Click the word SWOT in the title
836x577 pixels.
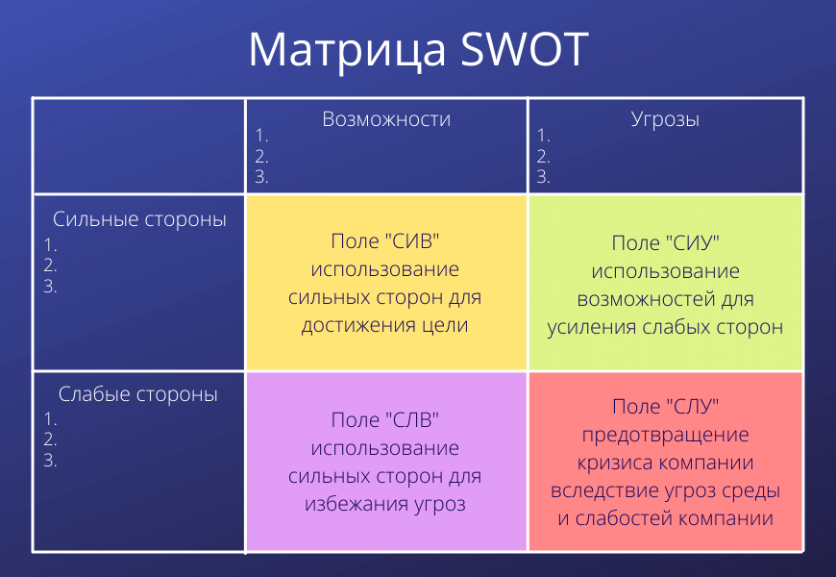[x=525, y=50]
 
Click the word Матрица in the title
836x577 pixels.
[x=347, y=51]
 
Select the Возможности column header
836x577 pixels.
[x=386, y=119]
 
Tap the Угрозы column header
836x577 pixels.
[x=665, y=119]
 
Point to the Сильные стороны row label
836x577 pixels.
[x=139, y=219]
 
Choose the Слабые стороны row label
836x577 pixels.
[x=138, y=394]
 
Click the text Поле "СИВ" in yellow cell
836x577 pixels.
[x=385, y=241]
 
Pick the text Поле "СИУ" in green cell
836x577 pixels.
[x=665, y=243]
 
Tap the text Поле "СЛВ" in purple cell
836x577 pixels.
[x=385, y=420]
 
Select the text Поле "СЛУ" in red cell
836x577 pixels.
[x=665, y=407]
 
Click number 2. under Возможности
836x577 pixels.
[x=261, y=157]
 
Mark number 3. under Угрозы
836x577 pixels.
[x=543, y=177]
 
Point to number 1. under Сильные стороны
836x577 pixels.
[x=50, y=245]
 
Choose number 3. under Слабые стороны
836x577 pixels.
[x=50, y=460]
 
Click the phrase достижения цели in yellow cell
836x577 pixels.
[x=385, y=325]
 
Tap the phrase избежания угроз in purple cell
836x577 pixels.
[x=385, y=504]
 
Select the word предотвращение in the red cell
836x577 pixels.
[x=665, y=435]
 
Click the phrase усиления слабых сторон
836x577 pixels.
[x=665, y=327]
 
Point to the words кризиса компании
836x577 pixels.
[x=665, y=463]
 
